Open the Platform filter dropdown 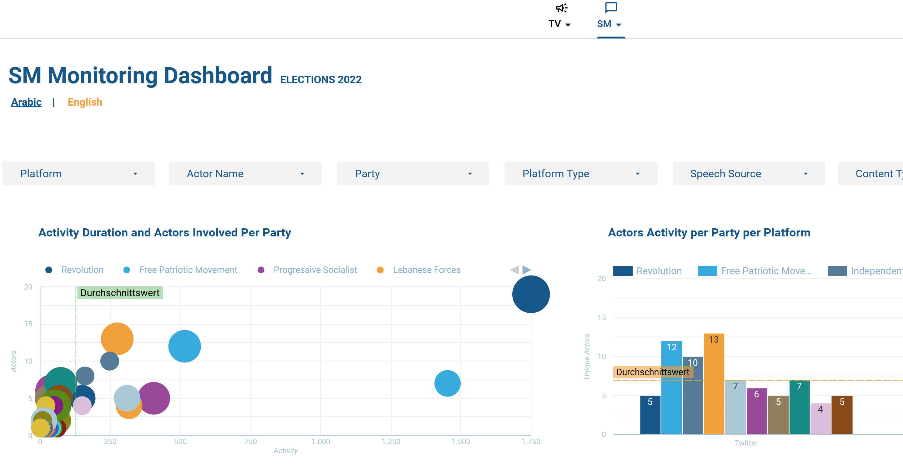click(78, 174)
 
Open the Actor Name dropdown click(245, 174)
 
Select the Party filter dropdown click(413, 174)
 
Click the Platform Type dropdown click(580, 174)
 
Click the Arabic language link click(26, 102)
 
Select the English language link click(85, 102)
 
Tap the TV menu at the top click(559, 18)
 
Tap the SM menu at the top click(609, 18)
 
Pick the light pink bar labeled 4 click(820, 419)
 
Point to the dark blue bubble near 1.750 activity click(531, 294)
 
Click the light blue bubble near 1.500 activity click(447, 383)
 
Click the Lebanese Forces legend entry click(426, 270)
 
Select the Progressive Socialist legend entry click(315, 270)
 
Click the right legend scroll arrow click(527, 269)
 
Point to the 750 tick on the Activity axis click(251, 442)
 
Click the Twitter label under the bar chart click(746, 443)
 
